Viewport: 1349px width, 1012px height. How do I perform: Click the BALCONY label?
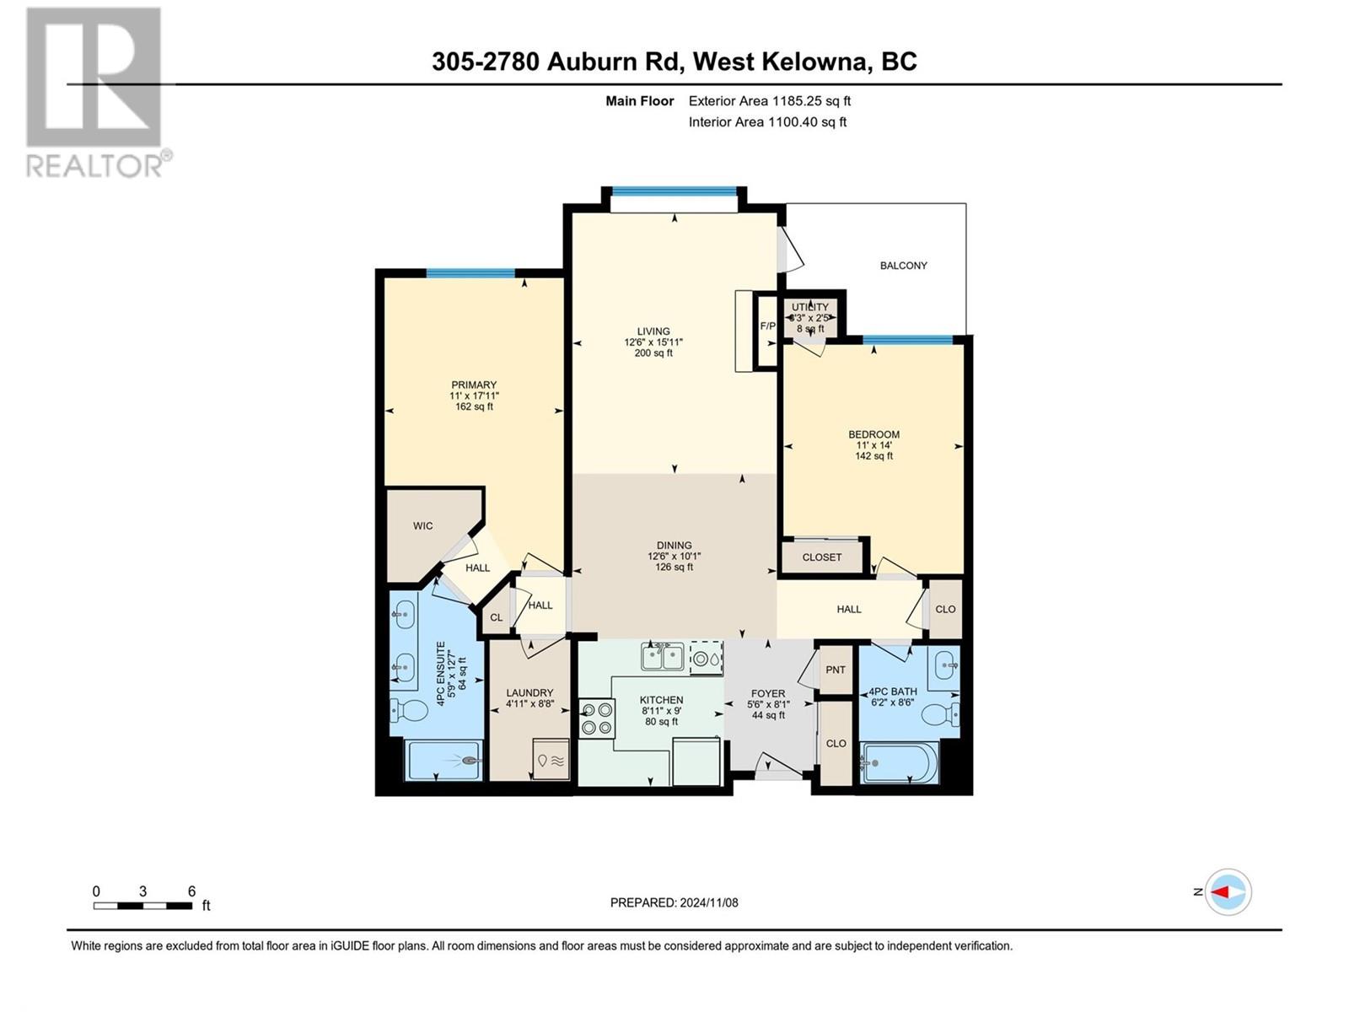[903, 266]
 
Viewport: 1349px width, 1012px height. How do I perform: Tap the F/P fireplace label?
[767, 326]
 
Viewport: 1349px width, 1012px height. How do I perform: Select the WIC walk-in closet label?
[423, 526]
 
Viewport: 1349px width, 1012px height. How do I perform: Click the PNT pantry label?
[836, 670]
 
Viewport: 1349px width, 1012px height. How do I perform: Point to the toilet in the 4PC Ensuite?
[409, 713]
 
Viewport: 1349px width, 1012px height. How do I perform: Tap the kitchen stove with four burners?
[597, 719]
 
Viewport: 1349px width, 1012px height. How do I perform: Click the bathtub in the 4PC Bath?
[901, 762]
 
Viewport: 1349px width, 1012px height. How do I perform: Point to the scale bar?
[142, 906]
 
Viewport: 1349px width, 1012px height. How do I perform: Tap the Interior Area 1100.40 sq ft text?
[767, 121]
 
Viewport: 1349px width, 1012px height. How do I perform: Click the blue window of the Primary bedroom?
[470, 273]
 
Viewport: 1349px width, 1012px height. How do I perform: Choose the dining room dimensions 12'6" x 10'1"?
[674, 556]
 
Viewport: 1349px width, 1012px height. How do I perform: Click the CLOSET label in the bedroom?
[822, 557]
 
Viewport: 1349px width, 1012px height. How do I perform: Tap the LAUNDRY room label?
[529, 692]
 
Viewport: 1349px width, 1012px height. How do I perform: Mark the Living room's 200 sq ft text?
[653, 353]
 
